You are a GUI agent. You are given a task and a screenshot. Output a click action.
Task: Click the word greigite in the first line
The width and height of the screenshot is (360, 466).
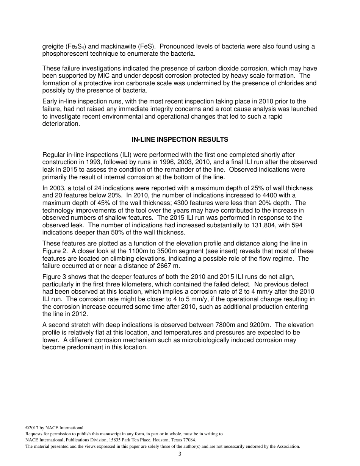(x=53, y=47)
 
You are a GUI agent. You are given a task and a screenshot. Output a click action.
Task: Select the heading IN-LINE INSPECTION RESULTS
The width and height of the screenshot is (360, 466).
(x=180, y=139)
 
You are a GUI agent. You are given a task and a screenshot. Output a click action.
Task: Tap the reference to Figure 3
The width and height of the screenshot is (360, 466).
(x=55, y=277)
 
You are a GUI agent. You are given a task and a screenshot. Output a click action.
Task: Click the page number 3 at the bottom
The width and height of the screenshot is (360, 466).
(x=180, y=454)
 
